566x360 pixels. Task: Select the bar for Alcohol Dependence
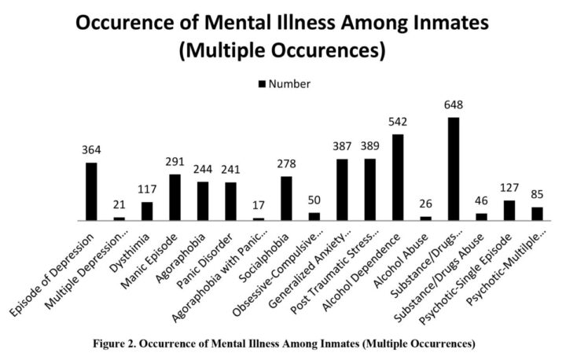pos(398,178)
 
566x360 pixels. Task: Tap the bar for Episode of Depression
pos(91,192)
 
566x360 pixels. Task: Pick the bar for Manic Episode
pos(175,197)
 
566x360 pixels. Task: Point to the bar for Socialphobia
pos(286,199)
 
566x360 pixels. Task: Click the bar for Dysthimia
pos(147,211)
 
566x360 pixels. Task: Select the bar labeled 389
pos(369,189)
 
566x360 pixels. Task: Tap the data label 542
pos(398,123)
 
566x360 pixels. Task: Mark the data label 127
pos(509,189)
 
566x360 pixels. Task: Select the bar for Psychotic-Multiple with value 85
pos(537,214)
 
